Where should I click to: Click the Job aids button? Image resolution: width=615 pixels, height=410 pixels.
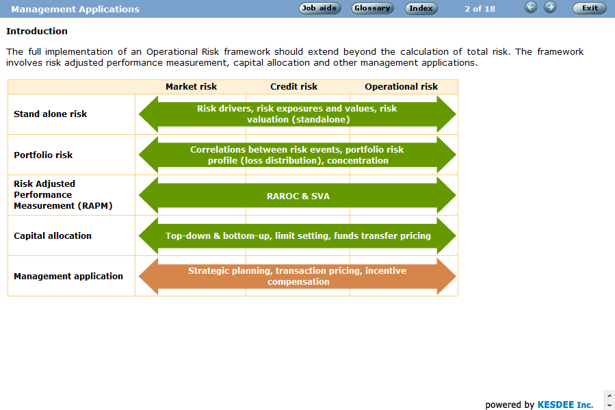coord(319,8)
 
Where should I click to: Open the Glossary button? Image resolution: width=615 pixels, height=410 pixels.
coord(372,8)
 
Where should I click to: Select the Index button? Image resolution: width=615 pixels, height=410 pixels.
coord(421,8)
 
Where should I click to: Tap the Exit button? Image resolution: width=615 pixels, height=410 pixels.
coord(590,8)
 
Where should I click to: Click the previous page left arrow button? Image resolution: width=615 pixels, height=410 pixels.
coord(531,8)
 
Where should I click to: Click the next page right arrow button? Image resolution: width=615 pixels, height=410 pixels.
coord(550,8)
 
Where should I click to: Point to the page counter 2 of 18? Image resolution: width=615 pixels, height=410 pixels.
coord(480,9)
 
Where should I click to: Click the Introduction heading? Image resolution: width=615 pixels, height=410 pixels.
coord(37,31)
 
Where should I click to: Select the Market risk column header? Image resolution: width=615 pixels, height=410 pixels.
coord(191,87)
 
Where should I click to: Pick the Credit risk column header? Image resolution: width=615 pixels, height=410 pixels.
coord(293,87)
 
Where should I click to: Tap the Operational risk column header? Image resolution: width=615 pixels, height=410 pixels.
coord(402,87)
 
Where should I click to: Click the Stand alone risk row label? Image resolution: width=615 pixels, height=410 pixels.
coord(50,114)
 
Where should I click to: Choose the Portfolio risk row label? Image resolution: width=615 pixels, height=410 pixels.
coord(43,155)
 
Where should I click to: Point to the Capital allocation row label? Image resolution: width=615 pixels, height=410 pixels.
coord(53,235)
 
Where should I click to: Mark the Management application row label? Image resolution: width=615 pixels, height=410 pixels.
coord(68,277)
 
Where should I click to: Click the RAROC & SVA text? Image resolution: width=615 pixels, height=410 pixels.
coord(298,196)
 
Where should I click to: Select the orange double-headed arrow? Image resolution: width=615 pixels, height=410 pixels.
coord(298,277)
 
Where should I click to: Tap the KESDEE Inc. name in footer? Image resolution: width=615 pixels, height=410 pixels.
coord(565,405)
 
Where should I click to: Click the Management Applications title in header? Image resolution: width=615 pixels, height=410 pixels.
coord(75,9)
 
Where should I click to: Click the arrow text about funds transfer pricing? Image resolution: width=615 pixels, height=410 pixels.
coord(298,235)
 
